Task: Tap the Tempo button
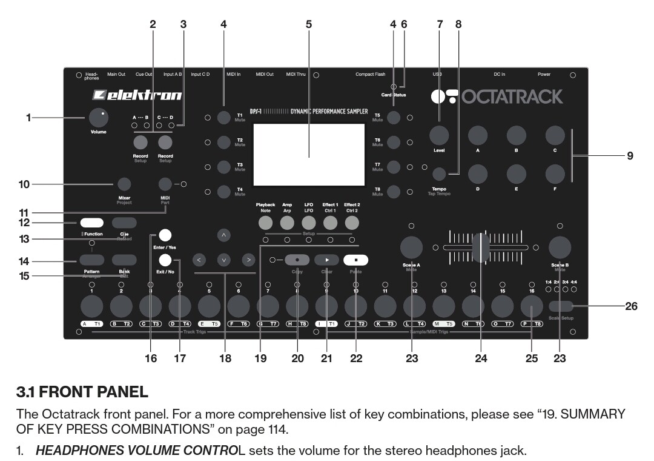(x=439, y=175)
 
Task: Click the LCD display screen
(x=309, y=155)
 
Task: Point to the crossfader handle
(x=481, y=247)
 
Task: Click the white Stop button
(x=355, y=260)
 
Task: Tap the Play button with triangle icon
(x=326, y=260)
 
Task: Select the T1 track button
(x=223, y=117)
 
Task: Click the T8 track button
(x=394, y=192)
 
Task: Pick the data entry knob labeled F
(x=555, y=175)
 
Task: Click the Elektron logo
(x=137, y=95)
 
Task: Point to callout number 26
(x=631, y=306)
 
